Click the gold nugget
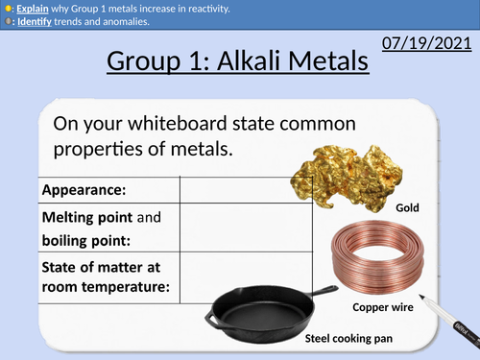pos(345,167)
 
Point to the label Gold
pos(409,206)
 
